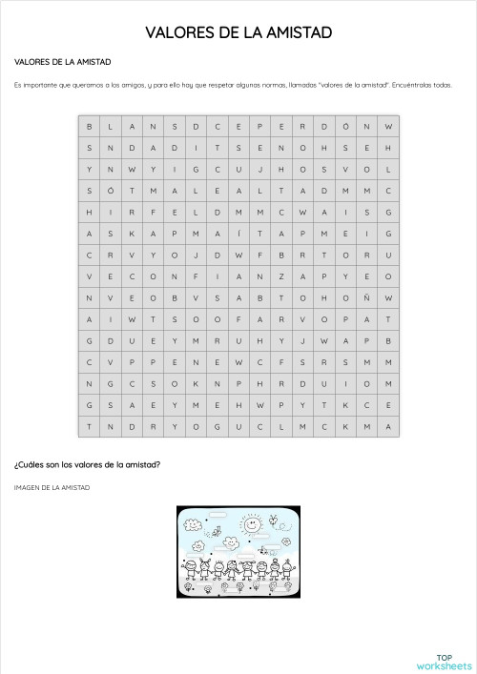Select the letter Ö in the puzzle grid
(345, 127)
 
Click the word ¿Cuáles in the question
(31, 465)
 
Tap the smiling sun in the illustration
(251, 525)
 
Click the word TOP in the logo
(444, 657)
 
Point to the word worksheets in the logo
(445, 665)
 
